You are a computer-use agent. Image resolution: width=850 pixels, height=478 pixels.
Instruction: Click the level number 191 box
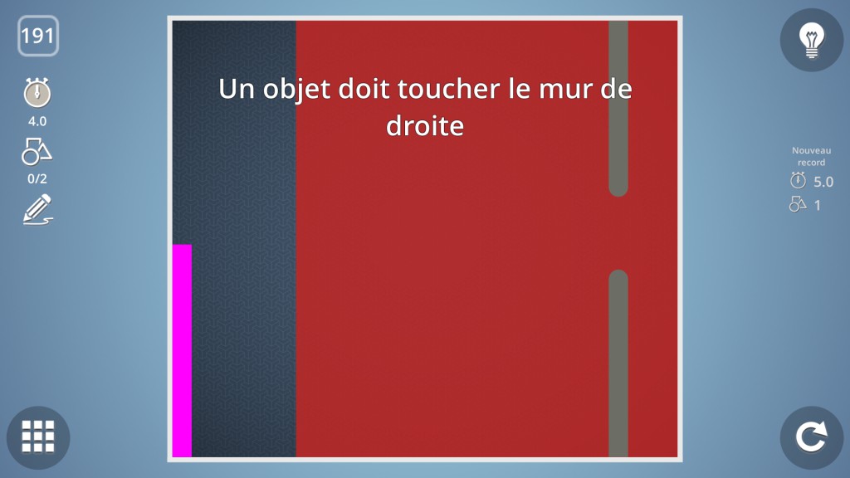coord(38,36)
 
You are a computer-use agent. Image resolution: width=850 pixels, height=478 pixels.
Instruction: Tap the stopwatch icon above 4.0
coord(37,92)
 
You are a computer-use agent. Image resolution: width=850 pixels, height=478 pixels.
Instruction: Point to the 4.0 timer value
coord(37,121)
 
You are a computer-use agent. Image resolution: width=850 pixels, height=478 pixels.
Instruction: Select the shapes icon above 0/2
coord(37,151)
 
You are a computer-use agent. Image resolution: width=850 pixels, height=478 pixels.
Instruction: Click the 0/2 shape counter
coord(37,179)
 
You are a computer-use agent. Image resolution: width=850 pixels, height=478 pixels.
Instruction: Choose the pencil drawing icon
coord(38,210)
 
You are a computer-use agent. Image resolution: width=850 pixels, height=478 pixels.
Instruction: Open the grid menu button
coord(38,437)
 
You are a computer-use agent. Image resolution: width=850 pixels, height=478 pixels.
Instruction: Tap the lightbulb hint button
coord(812,40)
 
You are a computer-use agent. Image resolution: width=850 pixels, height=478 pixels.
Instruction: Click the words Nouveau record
coord(811,156)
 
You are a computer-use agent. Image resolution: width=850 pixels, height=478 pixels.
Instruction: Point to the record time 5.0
coord(823,182)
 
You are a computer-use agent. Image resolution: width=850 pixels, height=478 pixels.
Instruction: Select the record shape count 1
coord(818,206)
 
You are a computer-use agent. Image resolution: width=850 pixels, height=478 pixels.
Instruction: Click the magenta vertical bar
coord(182,351)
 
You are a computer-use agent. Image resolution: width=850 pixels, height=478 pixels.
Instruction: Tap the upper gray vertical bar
coord(618,109)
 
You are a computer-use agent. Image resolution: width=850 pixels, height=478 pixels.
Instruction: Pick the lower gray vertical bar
coord(618,363)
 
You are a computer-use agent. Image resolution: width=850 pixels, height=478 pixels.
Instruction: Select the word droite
coord(425,126)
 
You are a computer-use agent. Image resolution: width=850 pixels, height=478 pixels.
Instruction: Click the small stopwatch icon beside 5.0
coord(798,180)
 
